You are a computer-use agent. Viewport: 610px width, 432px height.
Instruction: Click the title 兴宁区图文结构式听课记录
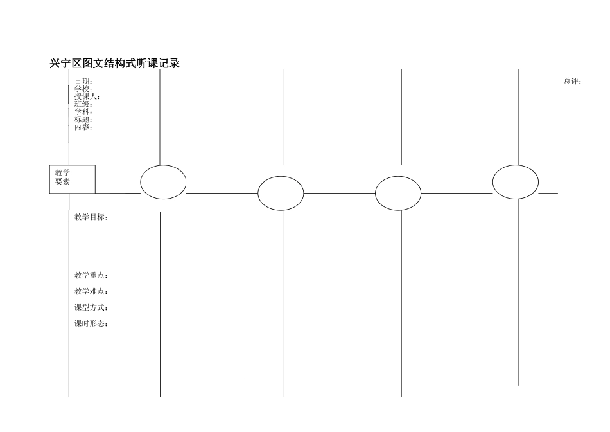click(114, 64)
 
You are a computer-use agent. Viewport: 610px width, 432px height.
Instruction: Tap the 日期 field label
click(83, 82)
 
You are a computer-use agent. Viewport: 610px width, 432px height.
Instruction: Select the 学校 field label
click(83, 89)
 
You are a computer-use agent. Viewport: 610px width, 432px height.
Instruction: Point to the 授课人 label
click(87, 96)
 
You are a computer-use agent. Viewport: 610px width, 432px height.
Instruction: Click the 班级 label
click(83, 104)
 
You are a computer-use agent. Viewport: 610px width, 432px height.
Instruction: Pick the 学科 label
click(83, 112)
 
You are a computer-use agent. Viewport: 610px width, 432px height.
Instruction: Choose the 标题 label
click(83, 120)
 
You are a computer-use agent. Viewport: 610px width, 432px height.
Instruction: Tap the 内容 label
click(83, 127)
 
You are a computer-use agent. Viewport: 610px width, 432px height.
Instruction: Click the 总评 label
click(572, 82)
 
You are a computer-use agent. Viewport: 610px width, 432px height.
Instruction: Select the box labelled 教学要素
click(72, 179)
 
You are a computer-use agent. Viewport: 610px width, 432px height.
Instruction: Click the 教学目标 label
click(91, 217)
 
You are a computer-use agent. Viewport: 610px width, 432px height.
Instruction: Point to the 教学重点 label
click(91, 276)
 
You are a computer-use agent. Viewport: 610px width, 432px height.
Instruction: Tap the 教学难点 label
click(91, 292)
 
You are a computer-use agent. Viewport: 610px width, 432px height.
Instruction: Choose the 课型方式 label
click(91, 307)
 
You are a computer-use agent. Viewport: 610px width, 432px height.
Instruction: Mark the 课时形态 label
click(91, 323)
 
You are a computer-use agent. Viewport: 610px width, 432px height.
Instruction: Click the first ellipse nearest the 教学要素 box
click(163, 182)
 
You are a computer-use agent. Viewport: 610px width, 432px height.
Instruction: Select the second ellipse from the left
click(281, 193)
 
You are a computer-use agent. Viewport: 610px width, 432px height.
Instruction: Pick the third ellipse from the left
click(398, 193)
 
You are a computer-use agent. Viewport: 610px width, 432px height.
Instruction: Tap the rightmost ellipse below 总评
click(516, 182)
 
